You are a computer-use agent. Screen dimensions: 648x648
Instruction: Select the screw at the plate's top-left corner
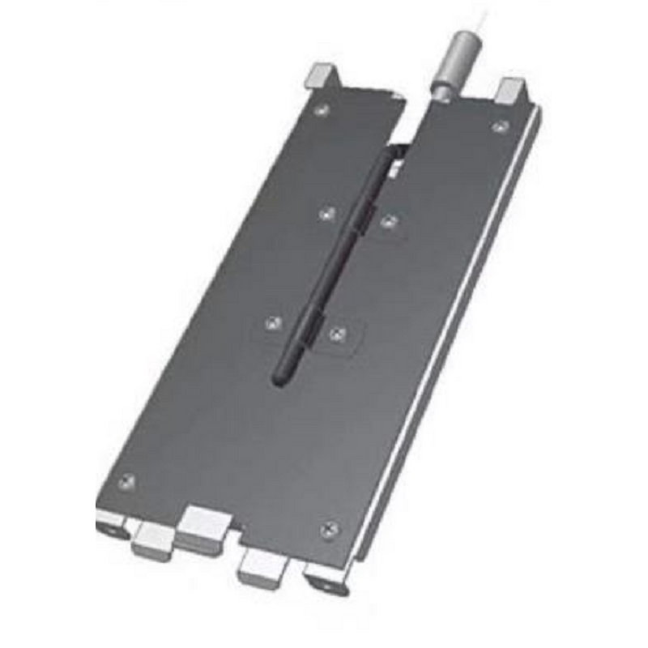(323, 109)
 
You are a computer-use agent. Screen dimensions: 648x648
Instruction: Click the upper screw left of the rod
(328, 213)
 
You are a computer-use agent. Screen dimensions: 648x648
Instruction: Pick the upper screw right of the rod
(390, 220)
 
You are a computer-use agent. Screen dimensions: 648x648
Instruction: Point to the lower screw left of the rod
(274, 323)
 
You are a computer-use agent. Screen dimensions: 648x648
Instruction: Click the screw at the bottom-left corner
(126, 482)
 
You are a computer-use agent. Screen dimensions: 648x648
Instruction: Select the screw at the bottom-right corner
(329, 529)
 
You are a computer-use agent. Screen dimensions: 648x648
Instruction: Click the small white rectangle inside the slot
(398, 170)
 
